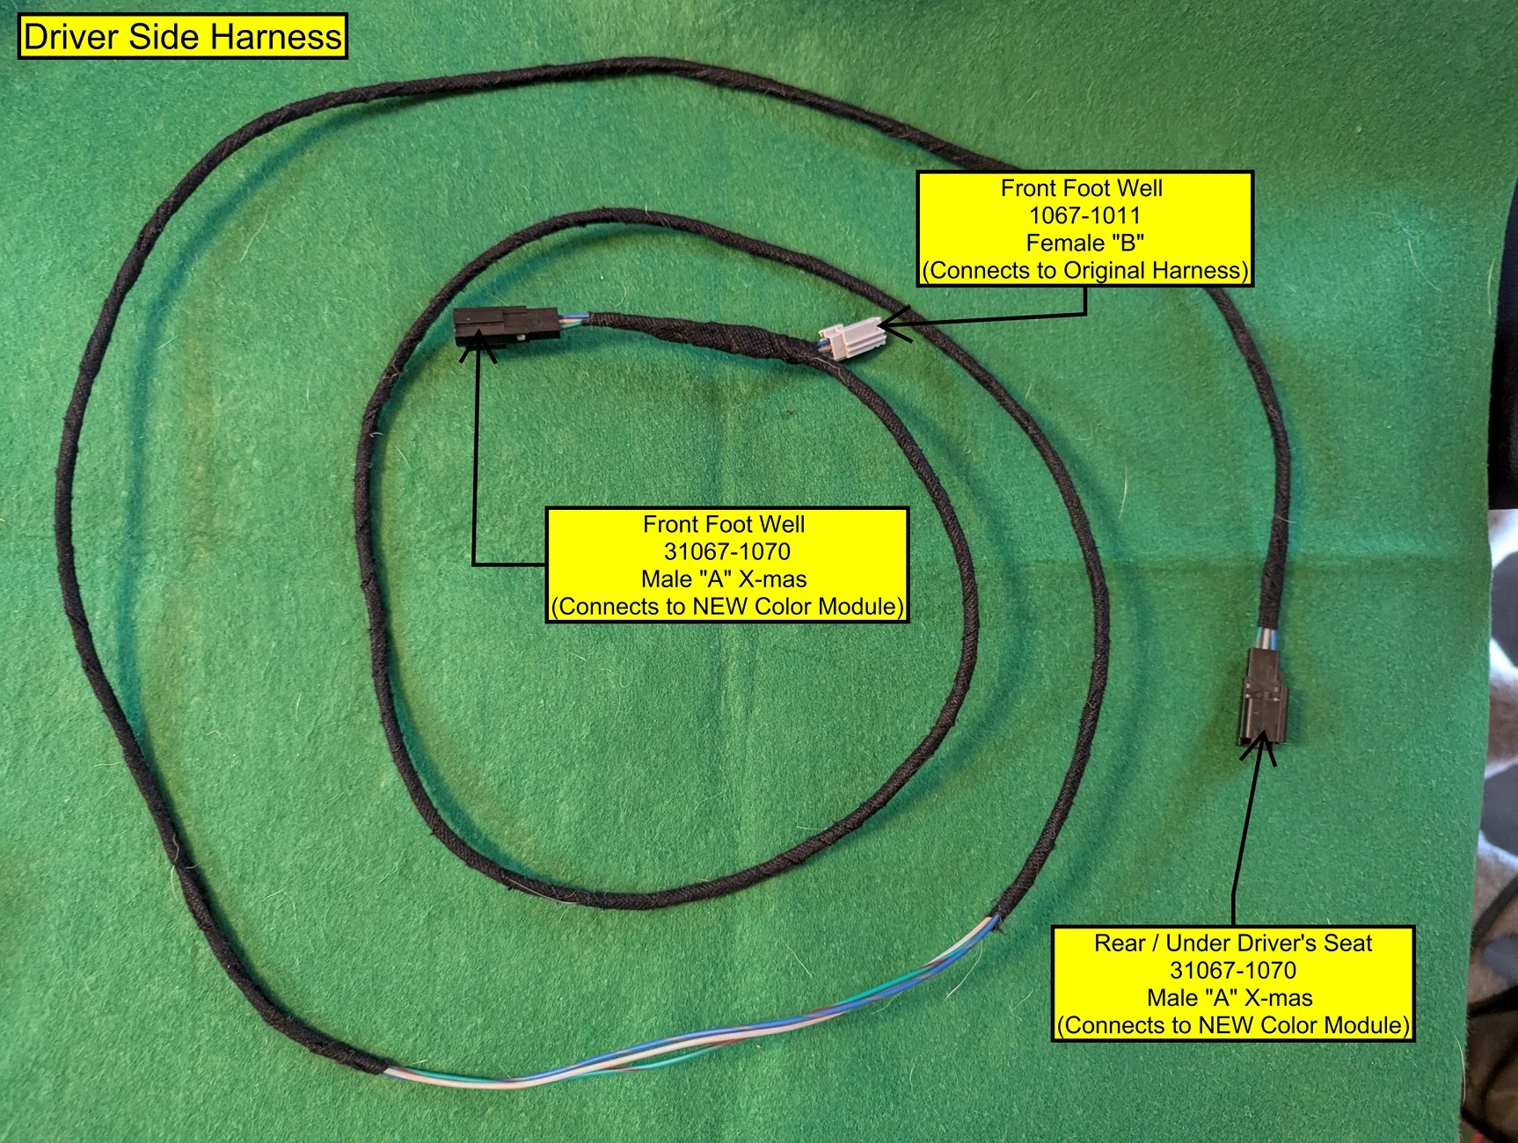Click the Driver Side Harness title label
183,37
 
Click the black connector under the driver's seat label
1266,695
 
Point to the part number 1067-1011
1084,215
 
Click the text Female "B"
1084,243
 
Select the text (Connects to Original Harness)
1084,270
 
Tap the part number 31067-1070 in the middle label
726,551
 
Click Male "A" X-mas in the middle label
724,579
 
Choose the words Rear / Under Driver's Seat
1233,943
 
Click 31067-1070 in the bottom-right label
1233,971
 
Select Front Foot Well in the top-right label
1082,188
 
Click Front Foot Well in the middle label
724,524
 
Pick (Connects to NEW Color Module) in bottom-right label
1233,1025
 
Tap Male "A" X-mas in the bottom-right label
1230,998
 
